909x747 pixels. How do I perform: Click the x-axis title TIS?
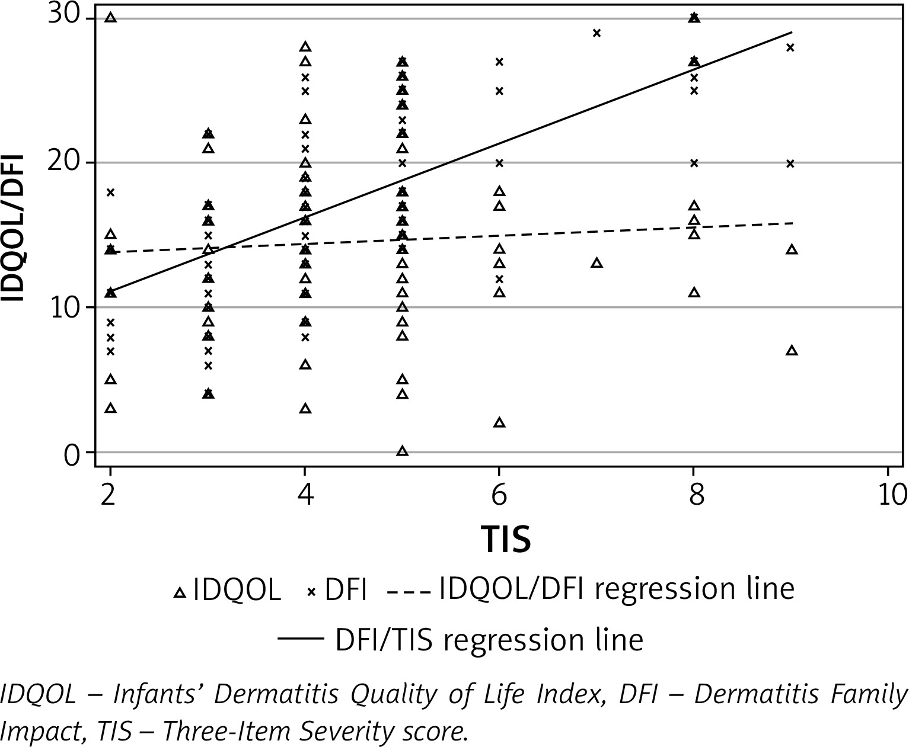point(505,539)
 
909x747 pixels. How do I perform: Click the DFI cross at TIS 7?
point(597,33)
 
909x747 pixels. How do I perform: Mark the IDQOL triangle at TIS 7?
point(597,262)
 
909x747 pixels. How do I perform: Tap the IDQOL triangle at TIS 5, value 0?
point(402,451)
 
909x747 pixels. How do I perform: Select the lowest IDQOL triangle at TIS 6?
point(499,422)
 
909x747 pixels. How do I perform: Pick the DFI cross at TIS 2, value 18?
point(110,192)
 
